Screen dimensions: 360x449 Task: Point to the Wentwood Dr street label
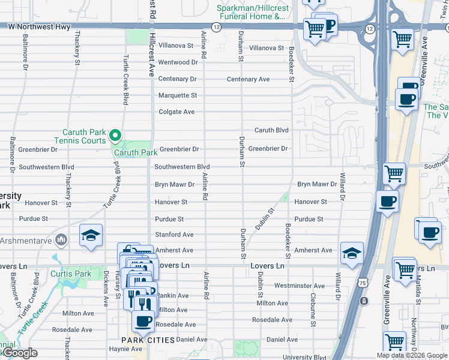pyautogui.click(x=178, y=62)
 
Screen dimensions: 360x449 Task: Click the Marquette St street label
pyautogui.click(x=178, y=95)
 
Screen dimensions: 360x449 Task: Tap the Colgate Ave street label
pyautogui.click(x=176, y=112)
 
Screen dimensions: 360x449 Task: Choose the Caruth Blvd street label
pyautogui.click(x=271, y=130)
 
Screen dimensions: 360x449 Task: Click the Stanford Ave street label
pyautogui.click(x=174, y=235)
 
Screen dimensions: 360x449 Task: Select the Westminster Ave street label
pyautogui.click(x=299, y=286)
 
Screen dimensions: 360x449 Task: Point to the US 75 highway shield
pyautogui.click(x=363, y=299)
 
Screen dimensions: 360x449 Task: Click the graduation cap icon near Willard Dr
pyautogui.click(x=352, y=253)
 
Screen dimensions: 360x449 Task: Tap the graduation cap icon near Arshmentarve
pyautogui.click(x=91, y=236)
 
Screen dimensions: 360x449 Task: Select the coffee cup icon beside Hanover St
pyautogui.click(x=387, y=202)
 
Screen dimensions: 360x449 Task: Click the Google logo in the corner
pyautogui.click(x=19, y=353)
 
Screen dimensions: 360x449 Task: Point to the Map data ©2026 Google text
pyautogui.click(x=412, y=356)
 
